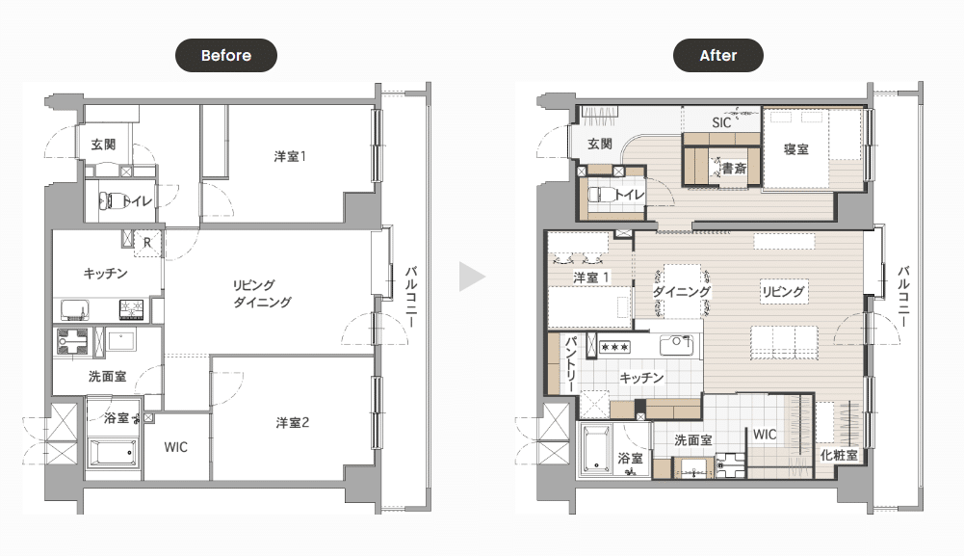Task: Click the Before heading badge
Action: coord(226,55)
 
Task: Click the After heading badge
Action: coord(718,55)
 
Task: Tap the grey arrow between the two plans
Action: coord(472,277)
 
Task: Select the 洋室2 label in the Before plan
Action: coord(292,422)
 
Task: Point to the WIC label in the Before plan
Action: coord(176,447)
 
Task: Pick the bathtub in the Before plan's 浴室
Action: coord(112,453)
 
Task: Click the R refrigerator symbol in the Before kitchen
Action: coord(147,243)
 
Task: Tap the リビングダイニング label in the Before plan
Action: coord(262,293)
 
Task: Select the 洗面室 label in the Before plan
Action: coord(108,377)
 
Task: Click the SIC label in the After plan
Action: coord(721,122)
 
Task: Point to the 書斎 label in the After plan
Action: coord(734,168)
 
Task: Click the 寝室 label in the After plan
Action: coord(796,148)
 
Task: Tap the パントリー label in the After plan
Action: coord(570,364)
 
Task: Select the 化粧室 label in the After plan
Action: coord(839,455)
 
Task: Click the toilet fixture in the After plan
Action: coord(600,195)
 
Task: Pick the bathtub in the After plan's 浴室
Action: coord(596,449)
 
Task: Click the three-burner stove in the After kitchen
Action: coord(614,347)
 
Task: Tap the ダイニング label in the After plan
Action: coord(682,291)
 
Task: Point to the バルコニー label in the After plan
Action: coord(903,297)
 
